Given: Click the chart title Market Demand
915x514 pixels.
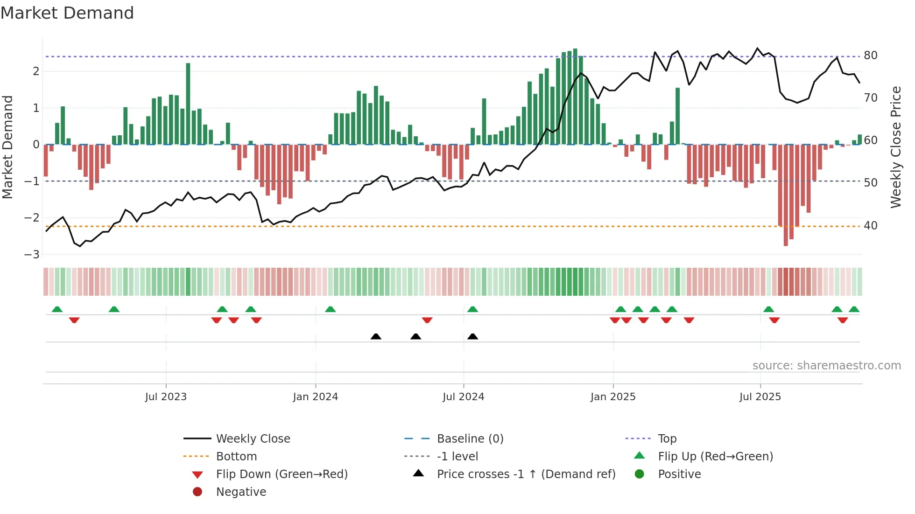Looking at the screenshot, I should point(67,13).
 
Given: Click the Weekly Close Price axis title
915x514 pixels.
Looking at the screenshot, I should point(895,147).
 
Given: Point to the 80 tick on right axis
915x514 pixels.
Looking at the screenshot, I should point(870,56).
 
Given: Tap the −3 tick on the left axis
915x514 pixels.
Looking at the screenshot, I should point(32,254).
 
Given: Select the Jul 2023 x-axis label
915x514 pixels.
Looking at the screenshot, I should point(166,397).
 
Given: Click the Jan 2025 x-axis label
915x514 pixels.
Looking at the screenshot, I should point(612,397).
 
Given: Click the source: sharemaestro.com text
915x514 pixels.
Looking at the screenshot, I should point(826,366).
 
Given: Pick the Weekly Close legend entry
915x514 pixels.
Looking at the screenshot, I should point(253,439).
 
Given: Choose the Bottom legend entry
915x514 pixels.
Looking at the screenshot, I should point(236,457).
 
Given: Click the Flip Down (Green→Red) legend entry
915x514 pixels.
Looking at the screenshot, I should point(282,474).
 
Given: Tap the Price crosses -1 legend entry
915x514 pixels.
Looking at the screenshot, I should point(526,474).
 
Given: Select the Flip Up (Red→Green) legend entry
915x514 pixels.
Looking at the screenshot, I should point(715,457).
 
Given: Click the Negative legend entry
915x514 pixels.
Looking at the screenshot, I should point(241,492).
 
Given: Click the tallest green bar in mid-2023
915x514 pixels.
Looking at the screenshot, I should point(188,104).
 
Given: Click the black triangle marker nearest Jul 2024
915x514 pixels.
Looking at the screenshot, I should point(472,336).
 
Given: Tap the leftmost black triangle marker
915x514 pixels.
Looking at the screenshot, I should point(376,336).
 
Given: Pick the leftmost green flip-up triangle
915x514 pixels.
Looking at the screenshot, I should point(57,309).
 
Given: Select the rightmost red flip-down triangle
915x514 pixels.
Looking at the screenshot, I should point(843,320).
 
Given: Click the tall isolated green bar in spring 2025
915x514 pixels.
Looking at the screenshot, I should point(677,116).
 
